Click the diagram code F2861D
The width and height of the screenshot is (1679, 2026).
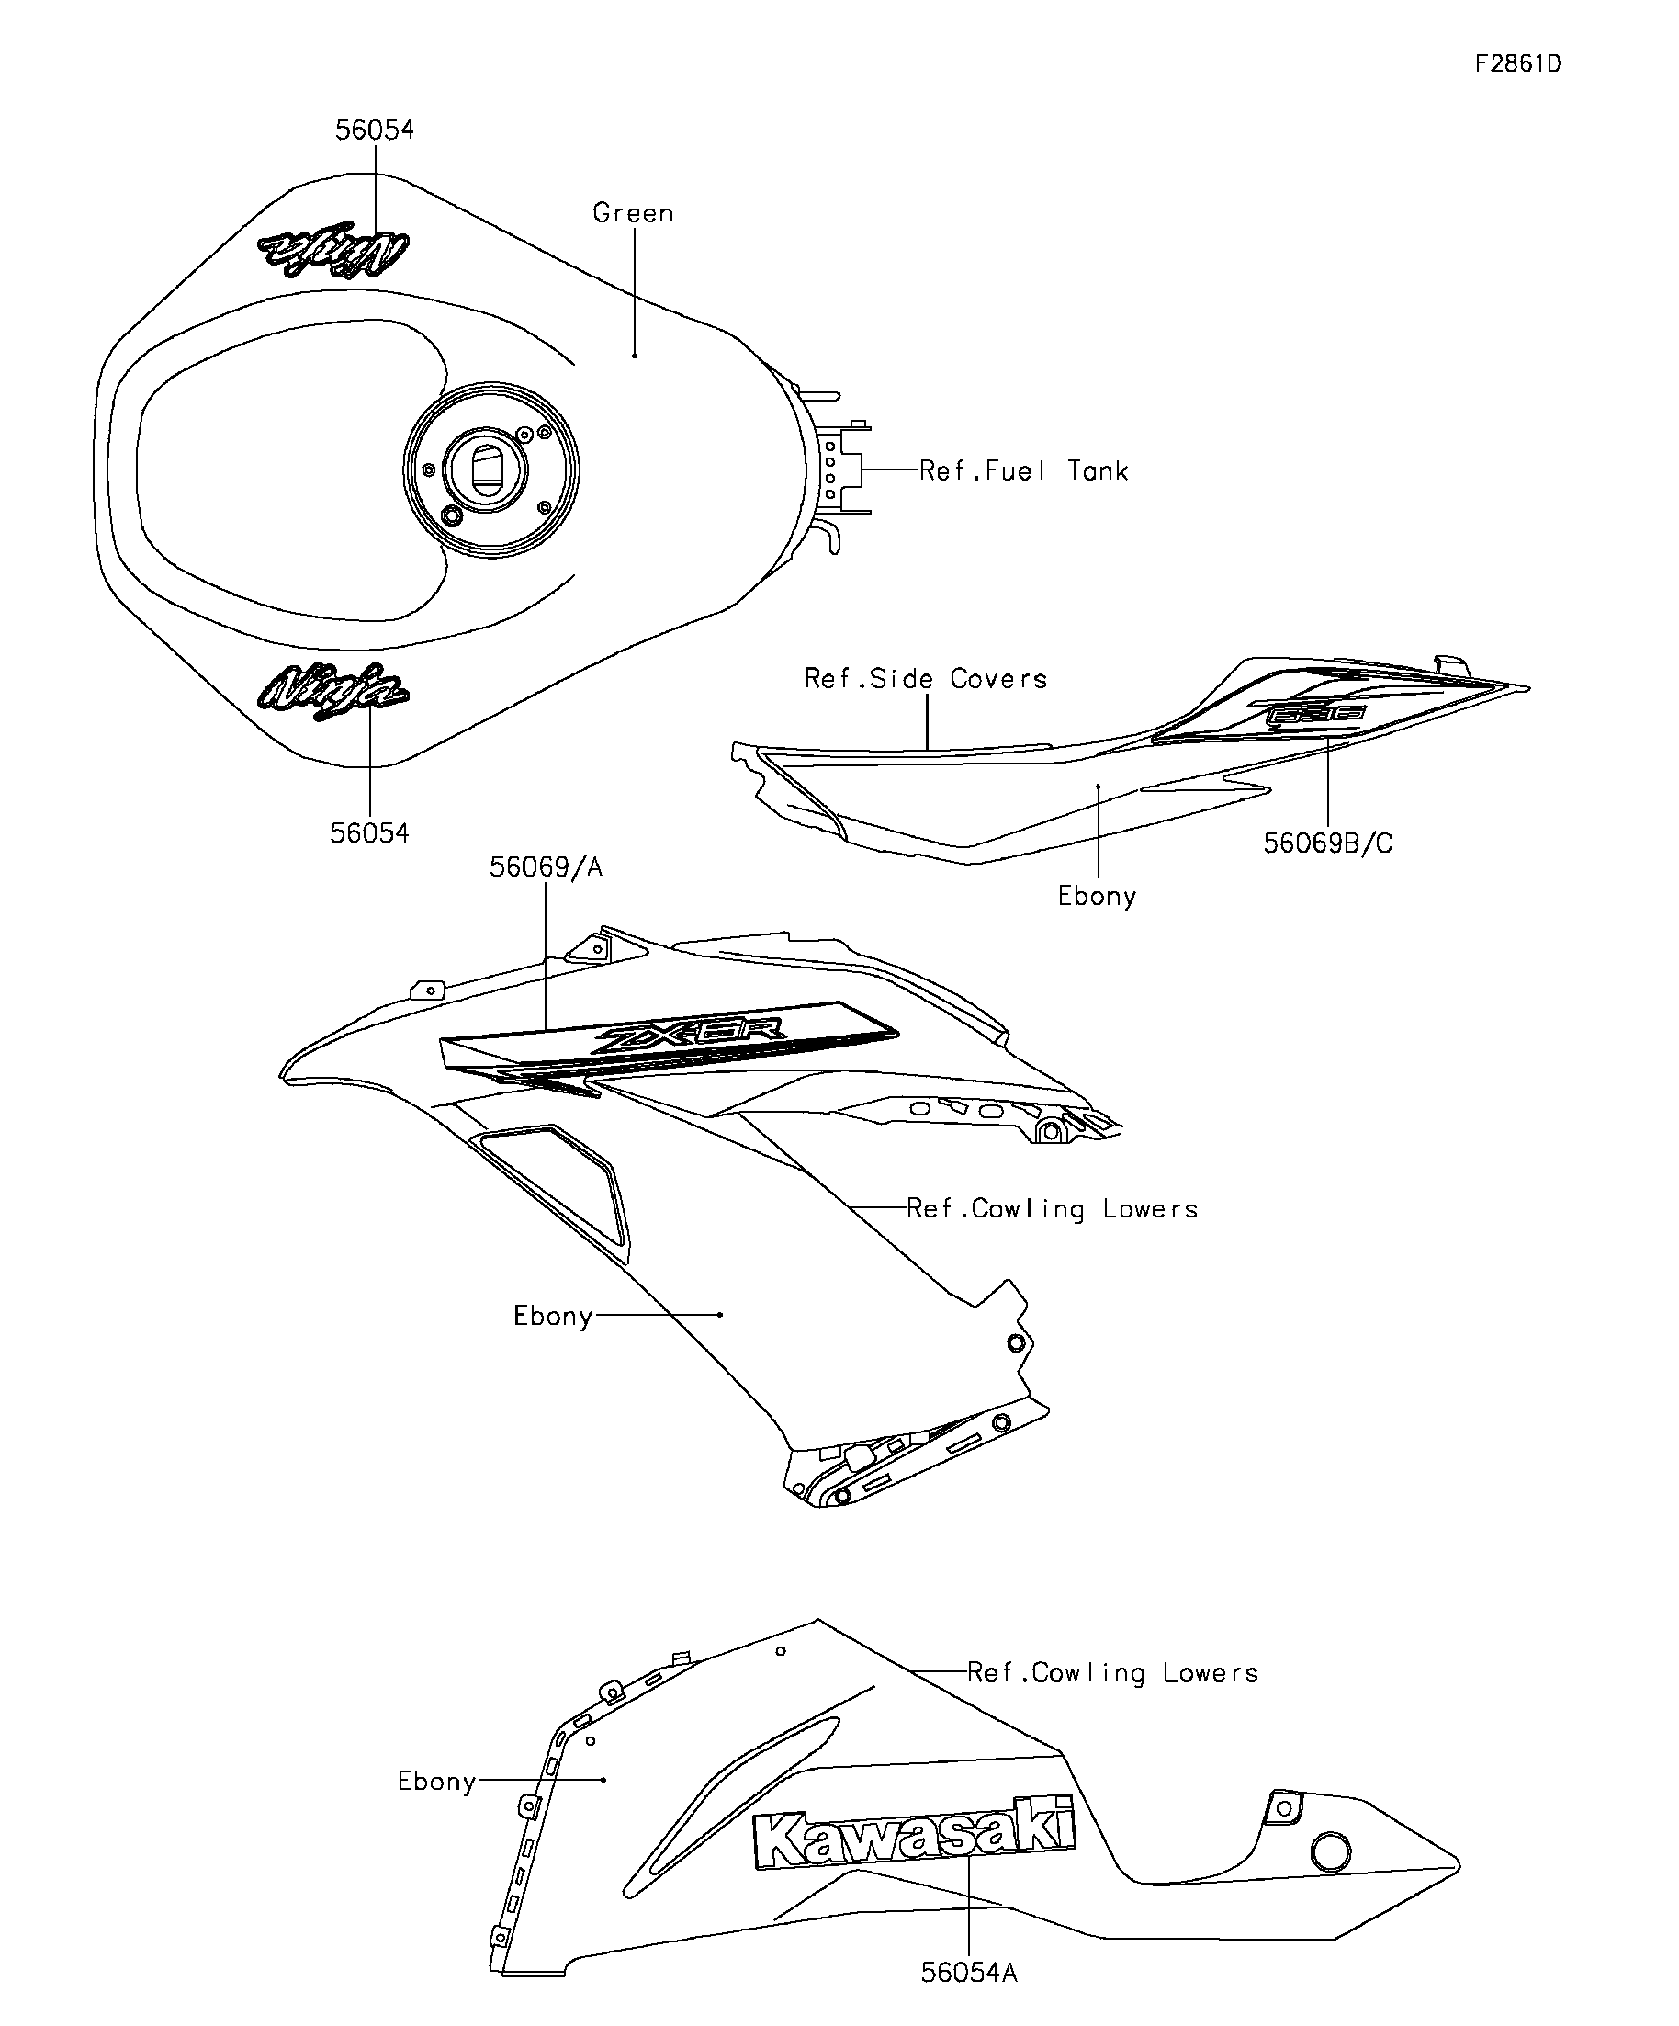1517,63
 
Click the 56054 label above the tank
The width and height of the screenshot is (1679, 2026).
374,130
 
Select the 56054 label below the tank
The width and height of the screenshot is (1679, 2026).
369,832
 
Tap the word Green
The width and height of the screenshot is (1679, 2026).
633,213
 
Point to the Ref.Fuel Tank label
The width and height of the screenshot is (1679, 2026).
1023,470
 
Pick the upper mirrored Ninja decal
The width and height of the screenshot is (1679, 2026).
333,250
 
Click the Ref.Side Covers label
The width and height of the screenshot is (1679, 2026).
926,679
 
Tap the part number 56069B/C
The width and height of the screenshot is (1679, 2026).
1328,843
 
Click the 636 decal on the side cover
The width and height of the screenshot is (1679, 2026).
1314,715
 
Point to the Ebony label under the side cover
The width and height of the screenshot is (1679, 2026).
1097,896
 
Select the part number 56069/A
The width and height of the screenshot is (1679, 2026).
546,867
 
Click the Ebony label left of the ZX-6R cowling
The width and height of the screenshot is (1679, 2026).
552,1316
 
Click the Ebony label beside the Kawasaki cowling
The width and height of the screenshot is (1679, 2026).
437,1781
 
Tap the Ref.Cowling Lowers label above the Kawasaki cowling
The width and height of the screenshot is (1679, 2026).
1113,1673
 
